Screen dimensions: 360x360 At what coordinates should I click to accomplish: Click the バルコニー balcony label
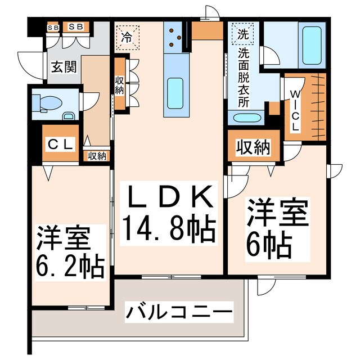178,311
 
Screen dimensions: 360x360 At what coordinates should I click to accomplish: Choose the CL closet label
60,144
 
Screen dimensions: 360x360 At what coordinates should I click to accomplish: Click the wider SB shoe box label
75,26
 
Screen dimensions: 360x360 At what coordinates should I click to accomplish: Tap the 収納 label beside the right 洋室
253,148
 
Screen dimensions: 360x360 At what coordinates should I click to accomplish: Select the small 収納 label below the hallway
97,156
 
